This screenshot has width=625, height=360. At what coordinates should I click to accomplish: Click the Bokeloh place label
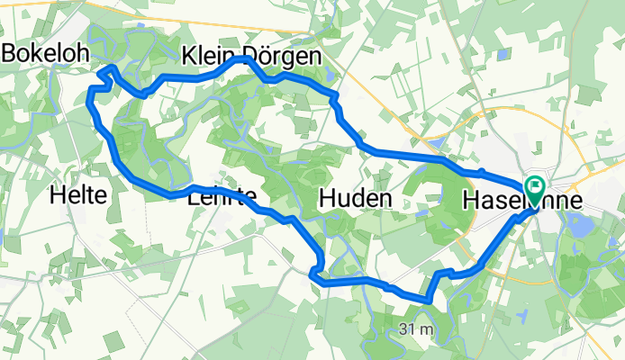pos(45,53)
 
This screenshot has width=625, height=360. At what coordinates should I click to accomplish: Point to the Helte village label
pos(79,193)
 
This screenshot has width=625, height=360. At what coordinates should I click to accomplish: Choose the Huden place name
pos(356,198)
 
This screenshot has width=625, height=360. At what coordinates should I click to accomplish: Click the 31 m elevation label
pos(415,330)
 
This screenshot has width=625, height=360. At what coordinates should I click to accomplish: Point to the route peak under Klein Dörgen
pos(245,59)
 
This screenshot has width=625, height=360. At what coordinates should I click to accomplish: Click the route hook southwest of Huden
pos(316,269)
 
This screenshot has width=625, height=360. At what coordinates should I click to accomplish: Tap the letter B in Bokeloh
pos(10,53)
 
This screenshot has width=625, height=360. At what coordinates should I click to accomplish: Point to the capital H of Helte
pos(58,193)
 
